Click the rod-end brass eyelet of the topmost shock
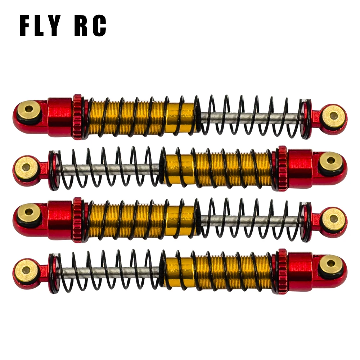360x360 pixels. click(333, 116)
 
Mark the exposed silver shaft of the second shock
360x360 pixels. click(108, 168)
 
